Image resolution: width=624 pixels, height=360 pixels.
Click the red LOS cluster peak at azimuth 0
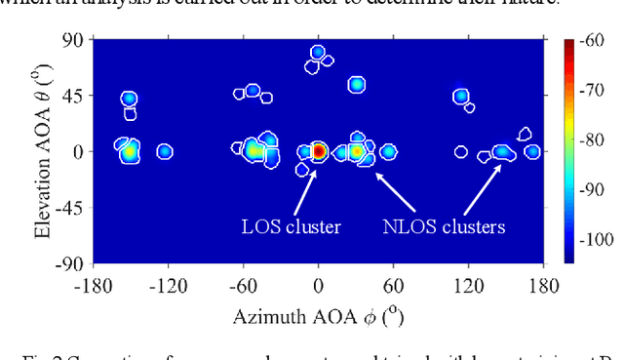318,151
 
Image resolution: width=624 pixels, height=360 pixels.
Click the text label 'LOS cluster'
291,227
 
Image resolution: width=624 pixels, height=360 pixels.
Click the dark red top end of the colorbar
569,44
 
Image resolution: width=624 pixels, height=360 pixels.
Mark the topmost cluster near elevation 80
318,53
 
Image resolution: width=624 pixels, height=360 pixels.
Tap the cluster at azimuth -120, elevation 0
165,151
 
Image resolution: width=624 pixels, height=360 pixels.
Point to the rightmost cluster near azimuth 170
532,151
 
